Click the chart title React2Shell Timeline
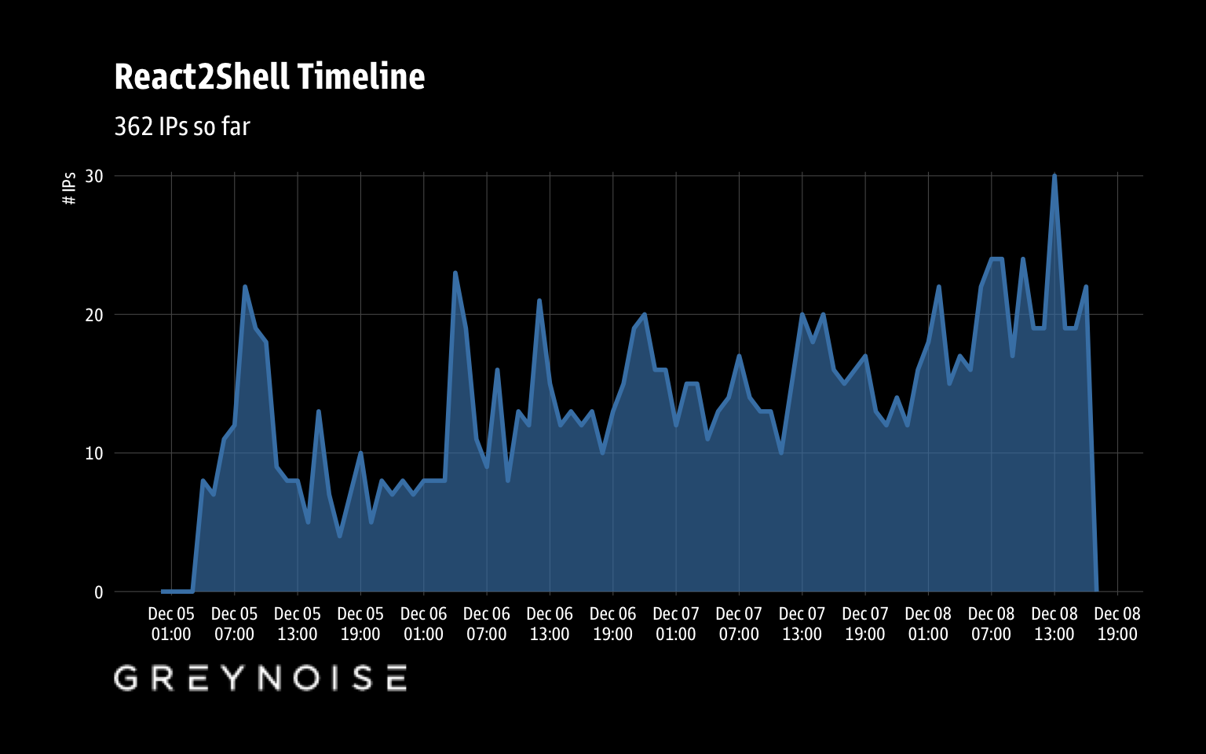[x=269, y=77]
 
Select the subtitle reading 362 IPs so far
[x=182, y=126]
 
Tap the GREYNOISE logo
[x=260, y=678]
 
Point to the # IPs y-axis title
[x=69, y=188]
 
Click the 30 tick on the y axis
[x=94, y=176]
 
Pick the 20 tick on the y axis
[x=94, y=315]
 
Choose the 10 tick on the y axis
[x=94, y=453]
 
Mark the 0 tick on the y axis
[x=99, y=592]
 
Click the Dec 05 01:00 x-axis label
[x=171, y=624]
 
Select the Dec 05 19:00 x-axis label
[x=360, y=624]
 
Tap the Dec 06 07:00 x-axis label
[x=487, y=624]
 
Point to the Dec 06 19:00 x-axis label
[x=612, y=624]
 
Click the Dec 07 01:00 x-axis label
[x=676, y=624]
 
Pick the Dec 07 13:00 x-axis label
[x=802, y=624]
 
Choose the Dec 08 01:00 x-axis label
[x=928, y=624]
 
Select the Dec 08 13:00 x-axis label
[x=1054, y=624]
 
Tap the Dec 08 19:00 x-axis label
[x=1117, y=624]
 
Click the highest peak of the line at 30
[x=1054, y=176]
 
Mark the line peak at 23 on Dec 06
[x=455, y=273]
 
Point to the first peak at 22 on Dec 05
[x=245, y=287]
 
